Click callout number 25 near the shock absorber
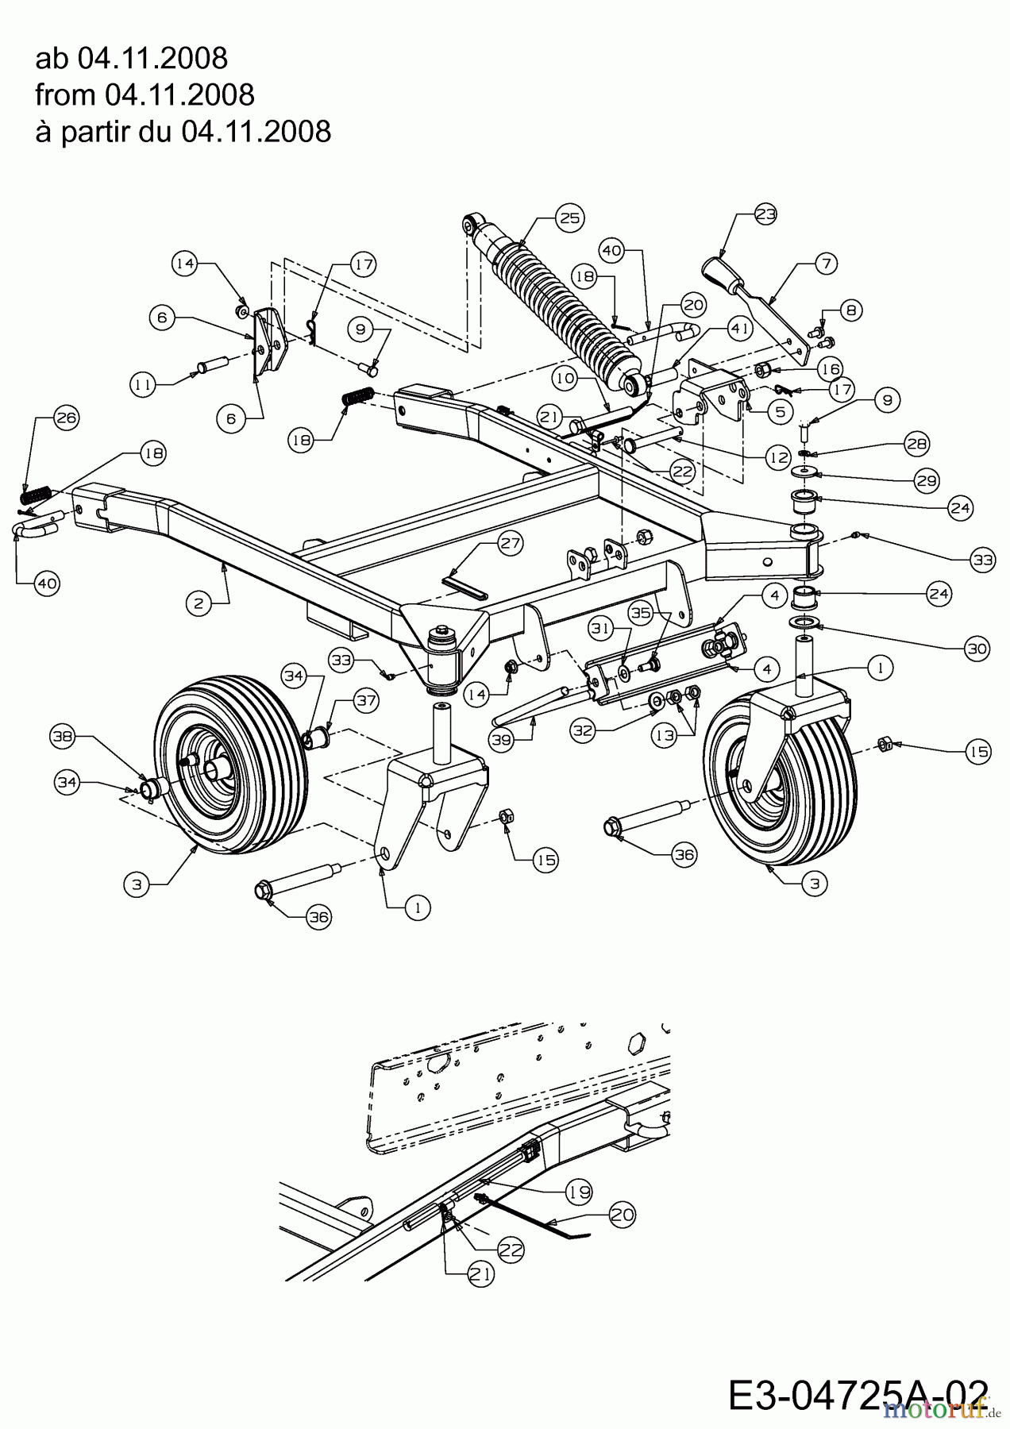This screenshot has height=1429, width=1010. (570, 218)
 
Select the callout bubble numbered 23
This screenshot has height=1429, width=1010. (765, 214)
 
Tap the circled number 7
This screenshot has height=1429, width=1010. (825, 263)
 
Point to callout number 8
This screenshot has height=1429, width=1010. (850, 310)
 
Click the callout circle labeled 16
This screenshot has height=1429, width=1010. (830, 369)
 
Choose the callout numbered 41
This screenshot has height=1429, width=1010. (738, 328)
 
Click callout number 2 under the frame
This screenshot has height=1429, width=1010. (199, 603)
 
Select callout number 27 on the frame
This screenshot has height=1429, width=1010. (510, 544)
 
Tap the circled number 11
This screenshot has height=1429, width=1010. (143, 385)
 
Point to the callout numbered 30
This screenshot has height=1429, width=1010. (976, 649)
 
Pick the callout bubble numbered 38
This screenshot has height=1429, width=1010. (63, 737)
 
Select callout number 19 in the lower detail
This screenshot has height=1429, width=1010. (579, 1191)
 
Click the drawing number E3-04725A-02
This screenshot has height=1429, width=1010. (858, 1396)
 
